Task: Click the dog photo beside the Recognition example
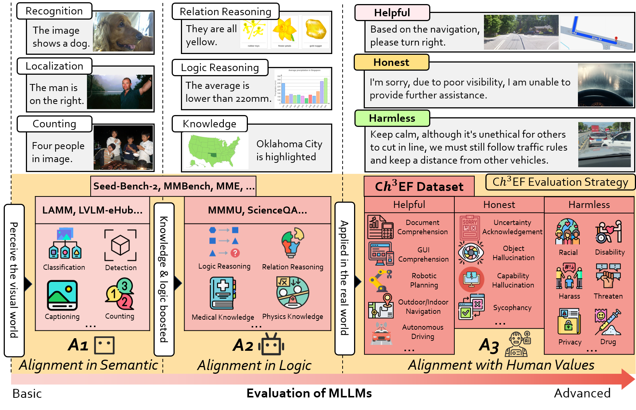pos(123,32)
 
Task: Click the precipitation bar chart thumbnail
pos(302,88)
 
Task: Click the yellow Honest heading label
pos(391,63)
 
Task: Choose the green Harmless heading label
pos(392,118)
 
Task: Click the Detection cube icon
pos(121,245)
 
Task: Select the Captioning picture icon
pos(62,295)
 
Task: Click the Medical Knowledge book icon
pos(223,293)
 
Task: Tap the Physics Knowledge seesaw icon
pos(292,293)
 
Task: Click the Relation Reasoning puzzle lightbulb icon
pos(292,242)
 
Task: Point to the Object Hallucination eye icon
pos(471,253)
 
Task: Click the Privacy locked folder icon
pos(569,322)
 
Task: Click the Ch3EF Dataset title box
pos(419,186)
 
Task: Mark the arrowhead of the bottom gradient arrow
pos(628,379)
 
